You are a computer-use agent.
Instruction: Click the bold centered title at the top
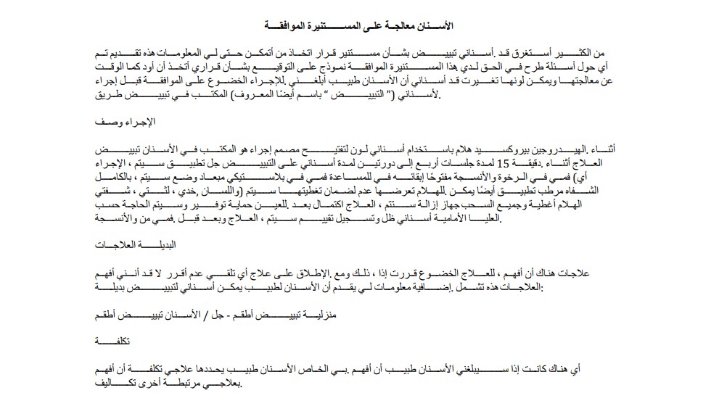pyautogui.click(x=355, y=25)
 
